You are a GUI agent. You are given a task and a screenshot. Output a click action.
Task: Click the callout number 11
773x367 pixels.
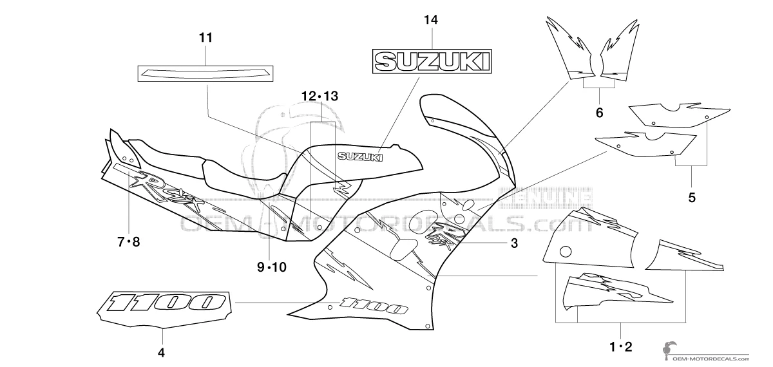(205, 38)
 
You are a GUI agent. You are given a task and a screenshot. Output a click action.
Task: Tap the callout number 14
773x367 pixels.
(431, 20)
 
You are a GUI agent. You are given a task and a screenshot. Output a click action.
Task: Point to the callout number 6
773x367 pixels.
(599, 113)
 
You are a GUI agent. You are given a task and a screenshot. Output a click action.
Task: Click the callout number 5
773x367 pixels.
(692, 198)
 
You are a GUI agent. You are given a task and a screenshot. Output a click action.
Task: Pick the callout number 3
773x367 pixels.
(514, 243)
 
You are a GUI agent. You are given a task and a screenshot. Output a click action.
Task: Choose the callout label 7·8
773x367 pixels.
(128, 241)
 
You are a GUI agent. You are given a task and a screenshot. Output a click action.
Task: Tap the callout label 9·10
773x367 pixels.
(271, 267)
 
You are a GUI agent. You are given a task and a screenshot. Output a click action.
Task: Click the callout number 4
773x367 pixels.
(162, 352)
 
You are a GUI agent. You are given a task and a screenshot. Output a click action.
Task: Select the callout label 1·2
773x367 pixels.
(621, 346)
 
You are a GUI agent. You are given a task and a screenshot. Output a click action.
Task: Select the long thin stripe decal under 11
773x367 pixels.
(206, 73)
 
